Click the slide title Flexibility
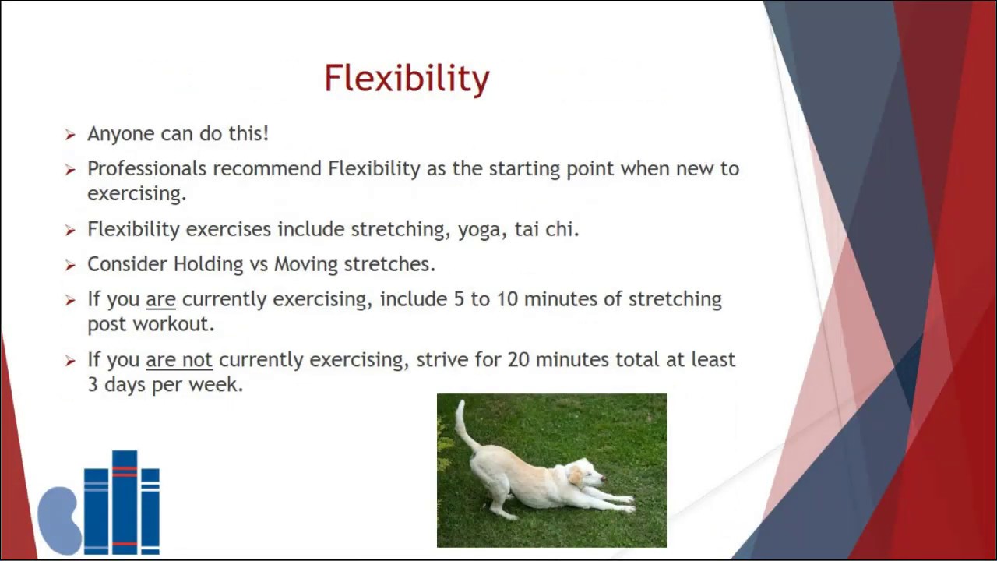pos(407,79)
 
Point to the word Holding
pos(208,264)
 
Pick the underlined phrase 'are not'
pos(179,360)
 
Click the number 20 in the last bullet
pos(518,359)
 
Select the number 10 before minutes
pos(507,298)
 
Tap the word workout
pos(174,324)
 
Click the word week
pos(216,384)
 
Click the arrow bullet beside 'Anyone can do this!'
pos(70,135)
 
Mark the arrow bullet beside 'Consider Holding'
pos(70,266)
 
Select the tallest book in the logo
pos(125,503)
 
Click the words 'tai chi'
pos(547,229)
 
